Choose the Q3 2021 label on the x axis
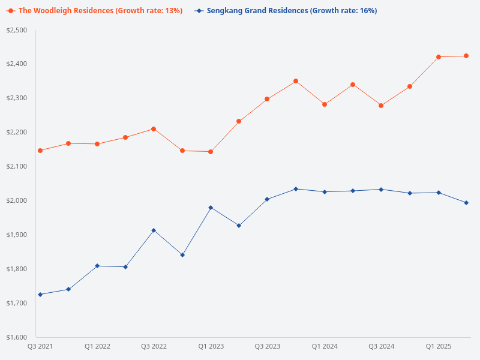click(40, 346)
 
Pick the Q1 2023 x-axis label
click(211, 346)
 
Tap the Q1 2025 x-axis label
click(439, 346)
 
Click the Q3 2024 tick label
click(381, 346)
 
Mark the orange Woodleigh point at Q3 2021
click(40, 151)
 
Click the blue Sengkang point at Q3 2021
click(40, 295)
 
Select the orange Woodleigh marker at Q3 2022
click(154, 129)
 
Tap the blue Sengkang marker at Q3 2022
click(154, 230)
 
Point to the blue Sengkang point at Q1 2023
click(211, 208)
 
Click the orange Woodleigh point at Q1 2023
click(211, 152)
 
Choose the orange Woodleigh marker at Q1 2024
click(325, 104)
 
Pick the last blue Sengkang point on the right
click(466, 203)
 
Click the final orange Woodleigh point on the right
click(466, 56)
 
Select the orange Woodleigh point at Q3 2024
click(381, 106)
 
